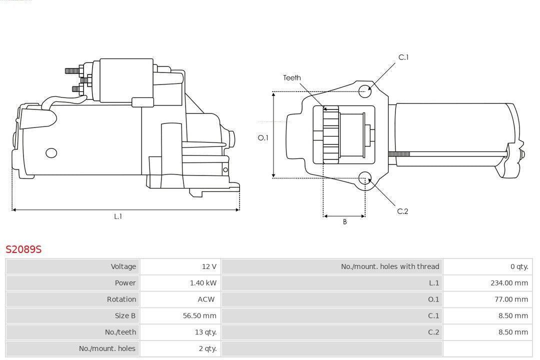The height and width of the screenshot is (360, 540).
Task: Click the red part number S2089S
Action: (x=23, y=249)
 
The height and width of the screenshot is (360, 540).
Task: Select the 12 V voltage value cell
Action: (x=206, y=266)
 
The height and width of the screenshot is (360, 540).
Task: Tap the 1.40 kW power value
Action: (x=203, y=283)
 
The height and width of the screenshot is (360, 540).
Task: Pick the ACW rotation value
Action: (x=206, y=299)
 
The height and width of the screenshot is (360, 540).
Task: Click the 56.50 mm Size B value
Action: (x=199, y=315)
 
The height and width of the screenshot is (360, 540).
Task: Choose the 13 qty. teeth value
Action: (x=205, y=332)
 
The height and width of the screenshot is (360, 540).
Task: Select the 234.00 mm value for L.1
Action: (x=509, y=283)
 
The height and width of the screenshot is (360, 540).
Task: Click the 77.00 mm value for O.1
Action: (x=511, y=299)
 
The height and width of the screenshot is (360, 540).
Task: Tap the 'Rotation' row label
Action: (x=121, y=299)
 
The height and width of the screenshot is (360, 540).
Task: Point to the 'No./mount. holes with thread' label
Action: (x=390, y=266)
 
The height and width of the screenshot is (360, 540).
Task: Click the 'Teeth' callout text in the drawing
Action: (x=292, y=77)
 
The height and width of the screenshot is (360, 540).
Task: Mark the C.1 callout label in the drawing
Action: (x=403, y=57)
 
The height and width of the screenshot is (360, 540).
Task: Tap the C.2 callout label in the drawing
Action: (x=402, y=211)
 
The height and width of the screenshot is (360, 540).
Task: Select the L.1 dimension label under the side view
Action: (x=118, y=216)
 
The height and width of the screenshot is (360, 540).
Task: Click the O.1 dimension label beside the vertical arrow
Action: (x=263, y=137)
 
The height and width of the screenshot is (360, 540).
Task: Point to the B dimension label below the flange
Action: (x=344, y=221)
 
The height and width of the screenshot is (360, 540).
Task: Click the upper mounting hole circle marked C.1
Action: (x=365, y=90)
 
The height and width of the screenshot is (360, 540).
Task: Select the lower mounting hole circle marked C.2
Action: (x=365, y=178)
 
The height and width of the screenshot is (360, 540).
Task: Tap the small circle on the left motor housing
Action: (x=51, y=153)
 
